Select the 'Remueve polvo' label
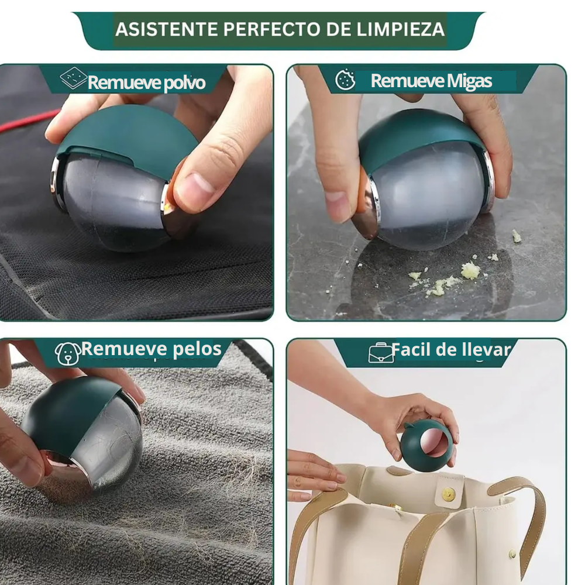[x=146, y=82]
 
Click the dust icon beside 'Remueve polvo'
[x=74, y=78]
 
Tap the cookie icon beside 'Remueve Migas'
[x=345, y=80]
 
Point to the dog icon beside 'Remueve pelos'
[x=67, y=353]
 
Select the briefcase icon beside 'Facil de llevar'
[x=380, y=353]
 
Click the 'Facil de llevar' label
[x=451, y=350]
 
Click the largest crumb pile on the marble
[x=470, y=270]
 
